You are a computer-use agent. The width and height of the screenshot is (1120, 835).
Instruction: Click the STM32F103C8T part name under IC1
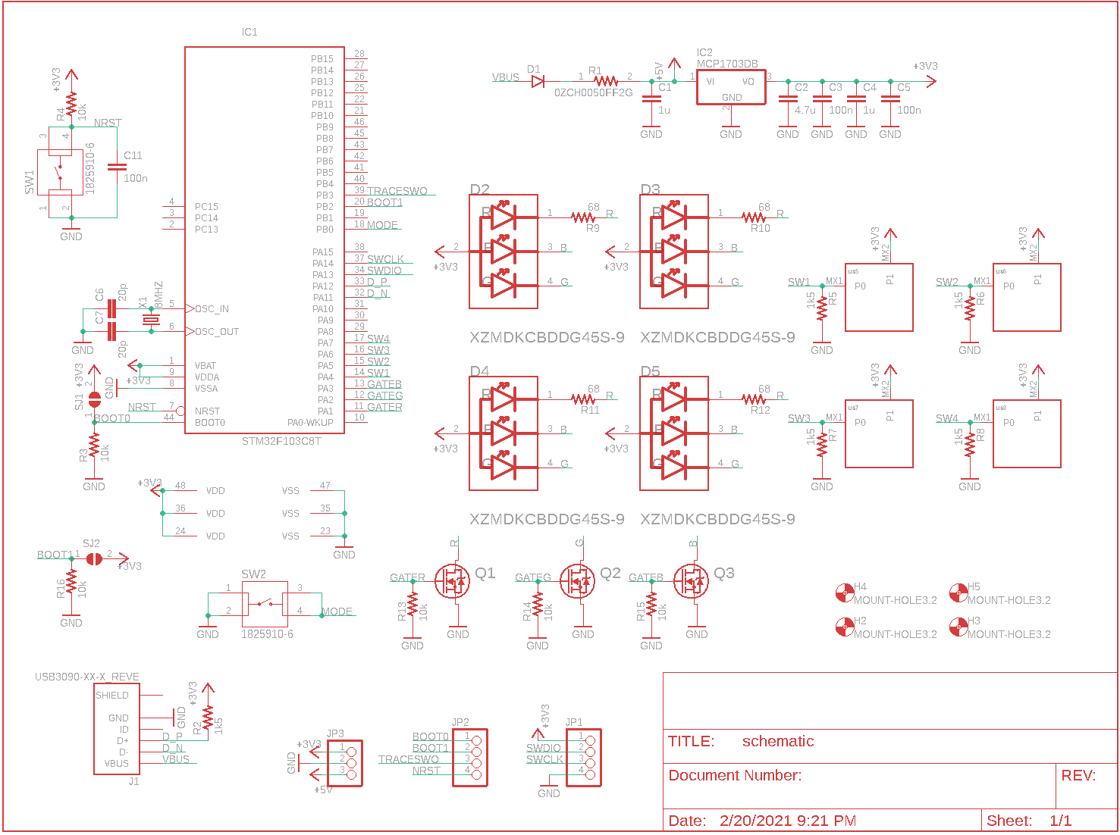[x=281, y=441]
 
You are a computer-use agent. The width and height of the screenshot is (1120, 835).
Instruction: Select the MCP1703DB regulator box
[x=731, y=87]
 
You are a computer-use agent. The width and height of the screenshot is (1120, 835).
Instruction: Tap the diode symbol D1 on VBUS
[x=538, y=82]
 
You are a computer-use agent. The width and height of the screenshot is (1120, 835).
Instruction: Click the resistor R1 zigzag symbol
[x=605, y=82]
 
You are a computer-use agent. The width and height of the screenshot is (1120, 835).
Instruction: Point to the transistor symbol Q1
[x=453, y=581]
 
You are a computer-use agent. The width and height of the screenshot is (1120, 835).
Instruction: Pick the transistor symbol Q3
[x=691, y=581]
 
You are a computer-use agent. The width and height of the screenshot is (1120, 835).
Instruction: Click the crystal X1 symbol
[x=152, y=321]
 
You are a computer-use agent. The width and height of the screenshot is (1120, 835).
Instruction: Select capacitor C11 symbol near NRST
[x=117, y=167]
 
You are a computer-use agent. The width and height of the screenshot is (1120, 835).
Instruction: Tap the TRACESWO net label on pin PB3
[x=397, y=192]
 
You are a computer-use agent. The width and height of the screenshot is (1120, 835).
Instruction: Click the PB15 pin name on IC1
[x=322, y=59]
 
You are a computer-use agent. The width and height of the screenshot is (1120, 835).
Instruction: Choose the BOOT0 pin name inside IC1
[x=210, y=423]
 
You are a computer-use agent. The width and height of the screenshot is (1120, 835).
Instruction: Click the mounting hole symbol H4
[x=845, y=593]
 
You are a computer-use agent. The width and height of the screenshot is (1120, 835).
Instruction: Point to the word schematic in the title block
[x=778, y=742]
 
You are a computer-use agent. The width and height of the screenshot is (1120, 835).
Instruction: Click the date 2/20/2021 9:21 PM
[x=788, y=821]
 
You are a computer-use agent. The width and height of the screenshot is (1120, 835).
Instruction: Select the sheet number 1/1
[x=1061, y=821]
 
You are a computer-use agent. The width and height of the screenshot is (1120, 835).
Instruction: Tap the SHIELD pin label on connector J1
[x=112, y=696]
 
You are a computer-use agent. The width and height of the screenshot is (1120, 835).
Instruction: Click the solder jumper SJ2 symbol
[x=94, y=559]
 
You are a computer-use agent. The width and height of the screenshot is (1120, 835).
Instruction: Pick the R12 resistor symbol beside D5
[x=754, y=399]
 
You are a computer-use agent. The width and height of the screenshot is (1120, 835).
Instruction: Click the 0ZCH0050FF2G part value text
[x=593, y=93]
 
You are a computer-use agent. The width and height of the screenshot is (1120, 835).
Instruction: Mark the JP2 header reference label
[x=460, y=723]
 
